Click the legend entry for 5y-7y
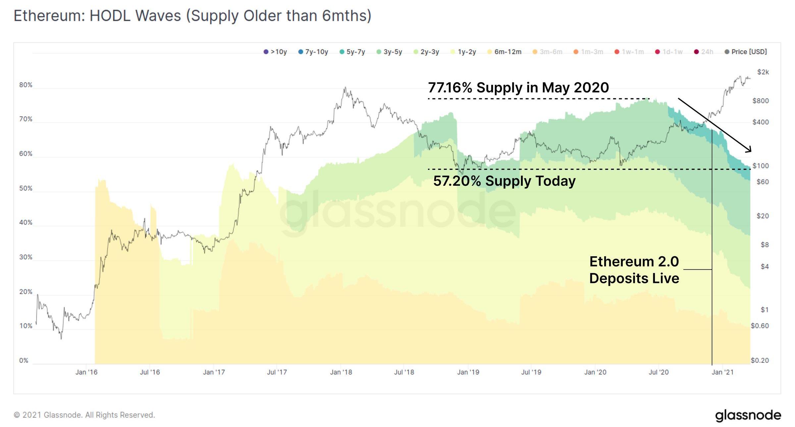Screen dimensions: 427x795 click(x=352, y=52)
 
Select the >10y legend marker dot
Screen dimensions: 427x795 click(x=266, y=52)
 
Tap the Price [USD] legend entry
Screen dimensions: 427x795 click(x=746, y=52)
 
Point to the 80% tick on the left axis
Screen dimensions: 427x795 click(x=26, y=85)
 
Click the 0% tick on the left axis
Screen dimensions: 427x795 click(x=24, y=360)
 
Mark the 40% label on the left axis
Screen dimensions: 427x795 click(x=26, y=222)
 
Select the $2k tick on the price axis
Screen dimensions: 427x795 click(x=763, y=72)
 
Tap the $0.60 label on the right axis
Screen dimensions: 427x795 click(x=760, y=326)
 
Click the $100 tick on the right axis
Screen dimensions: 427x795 click(x=760, y=166)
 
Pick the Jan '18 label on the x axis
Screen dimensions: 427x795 click(x=341, y=372)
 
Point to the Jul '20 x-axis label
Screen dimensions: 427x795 click(x=659, y=372)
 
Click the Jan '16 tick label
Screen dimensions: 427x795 click(x=86, y=372)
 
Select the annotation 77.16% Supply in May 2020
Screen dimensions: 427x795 click(x=518, y=88)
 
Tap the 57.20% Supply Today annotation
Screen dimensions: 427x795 click(x=504, y=181)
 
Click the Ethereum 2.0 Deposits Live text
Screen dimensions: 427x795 click(x=634, y=270)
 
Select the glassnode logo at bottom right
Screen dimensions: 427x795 click(x=748, y=415)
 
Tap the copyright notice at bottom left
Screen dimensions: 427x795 click(x=84, y=415)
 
